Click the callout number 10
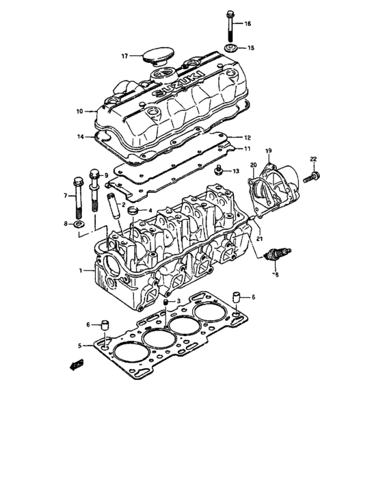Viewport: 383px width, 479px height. [x=79, y=111]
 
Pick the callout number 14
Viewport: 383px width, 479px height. [x=81, y=136]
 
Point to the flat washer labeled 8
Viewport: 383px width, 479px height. [x=79, y=223]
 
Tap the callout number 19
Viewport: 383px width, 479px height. [x=268, y=150]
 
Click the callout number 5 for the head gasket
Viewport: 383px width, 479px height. [x=80, y=346]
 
